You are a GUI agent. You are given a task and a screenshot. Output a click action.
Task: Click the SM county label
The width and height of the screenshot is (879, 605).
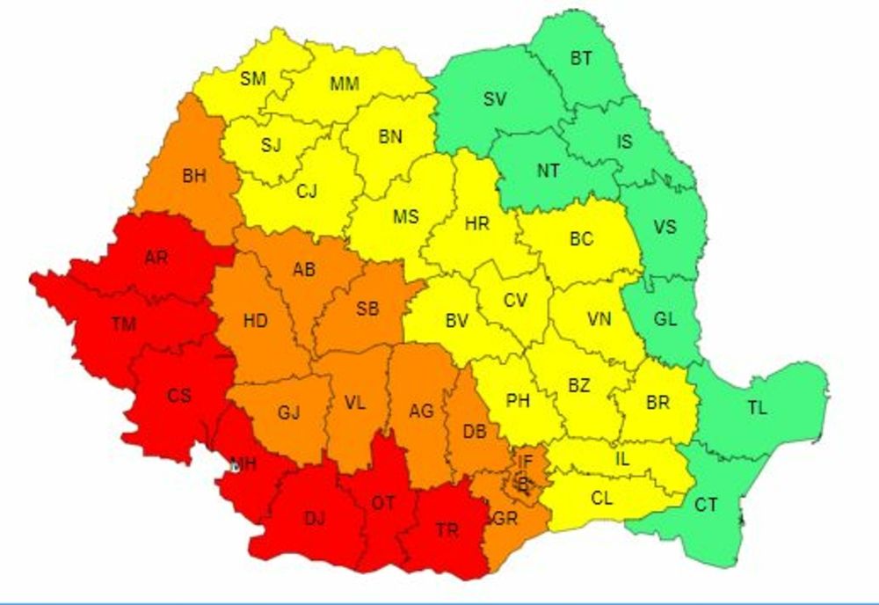pyautogui.click(x=253, y=79)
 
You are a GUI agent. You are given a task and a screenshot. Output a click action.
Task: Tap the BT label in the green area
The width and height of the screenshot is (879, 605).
pyautogui.click(x=581, y=59)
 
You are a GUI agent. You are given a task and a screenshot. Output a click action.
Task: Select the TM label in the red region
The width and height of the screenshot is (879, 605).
pyautogui.click(x=124, y=324)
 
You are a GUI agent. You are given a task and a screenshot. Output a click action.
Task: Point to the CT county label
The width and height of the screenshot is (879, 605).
pyautogui.click(x=706, y=506)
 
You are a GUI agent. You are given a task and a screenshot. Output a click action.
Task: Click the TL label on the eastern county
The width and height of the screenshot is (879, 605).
pyautogui.click(x=757, y=408)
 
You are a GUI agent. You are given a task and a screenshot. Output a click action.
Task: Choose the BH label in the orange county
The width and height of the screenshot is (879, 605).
pyautogui.click(x=194, y=176)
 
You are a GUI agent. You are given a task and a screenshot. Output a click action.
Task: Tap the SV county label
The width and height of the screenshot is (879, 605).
pyautogui.click(x=495, y=99)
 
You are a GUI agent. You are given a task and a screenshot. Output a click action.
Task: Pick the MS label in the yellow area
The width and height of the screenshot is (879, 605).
pyautogui.click(x=405, y=216)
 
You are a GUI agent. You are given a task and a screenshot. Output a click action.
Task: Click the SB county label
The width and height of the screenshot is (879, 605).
pyautogui.click(x=367, y=309)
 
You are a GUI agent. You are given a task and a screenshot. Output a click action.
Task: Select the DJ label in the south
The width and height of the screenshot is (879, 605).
pyautogui.click(x=314, y=519)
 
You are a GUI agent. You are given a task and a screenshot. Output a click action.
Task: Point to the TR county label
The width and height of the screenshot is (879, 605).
pyautogui.click(x=447, y=530)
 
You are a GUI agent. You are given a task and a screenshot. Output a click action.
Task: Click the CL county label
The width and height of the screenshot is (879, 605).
pyautogui.click(x=602, y=499)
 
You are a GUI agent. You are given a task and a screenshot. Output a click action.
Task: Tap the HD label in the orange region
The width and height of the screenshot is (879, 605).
pyautogui.click(x=256, y=322)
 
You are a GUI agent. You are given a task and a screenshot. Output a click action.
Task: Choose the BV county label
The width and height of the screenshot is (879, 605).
pyautogui.click(x=456, y=322)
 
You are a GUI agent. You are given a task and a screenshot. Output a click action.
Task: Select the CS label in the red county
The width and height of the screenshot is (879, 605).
pyautogui.click(x=179, y=396)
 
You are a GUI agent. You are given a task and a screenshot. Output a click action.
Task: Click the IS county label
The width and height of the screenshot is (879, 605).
pyautogui.click(x=623, y=142)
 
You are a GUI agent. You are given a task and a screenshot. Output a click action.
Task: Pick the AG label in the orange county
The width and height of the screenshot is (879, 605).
pyautogui.click(x=422, y=410)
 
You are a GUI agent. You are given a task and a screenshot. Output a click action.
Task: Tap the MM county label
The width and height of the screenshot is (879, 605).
pyautogui.click(x=344, y=84)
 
